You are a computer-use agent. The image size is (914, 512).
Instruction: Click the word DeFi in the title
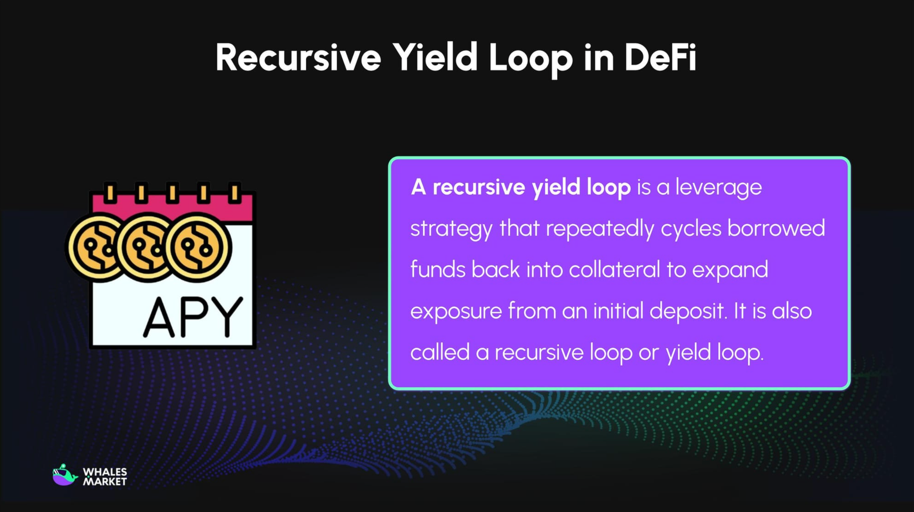point(660,58)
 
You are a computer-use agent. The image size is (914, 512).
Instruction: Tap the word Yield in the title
point(435,58)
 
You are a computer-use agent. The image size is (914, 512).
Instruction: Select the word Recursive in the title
point(298,58)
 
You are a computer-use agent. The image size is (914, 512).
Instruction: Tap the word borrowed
point(776,228)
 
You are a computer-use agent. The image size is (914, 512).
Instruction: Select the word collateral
point(614,269)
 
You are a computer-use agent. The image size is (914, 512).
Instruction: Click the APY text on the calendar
point(192,317)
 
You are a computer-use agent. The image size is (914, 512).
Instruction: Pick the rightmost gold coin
point(198,247)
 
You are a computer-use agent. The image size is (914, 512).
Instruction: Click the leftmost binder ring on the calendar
point(110,192)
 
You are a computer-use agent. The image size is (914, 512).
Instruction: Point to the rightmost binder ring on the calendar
point(234,192)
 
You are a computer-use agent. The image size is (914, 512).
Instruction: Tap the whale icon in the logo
point(64,475)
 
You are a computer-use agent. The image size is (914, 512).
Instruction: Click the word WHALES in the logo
point(105,472)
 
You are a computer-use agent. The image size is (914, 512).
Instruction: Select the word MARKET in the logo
point(105,482)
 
